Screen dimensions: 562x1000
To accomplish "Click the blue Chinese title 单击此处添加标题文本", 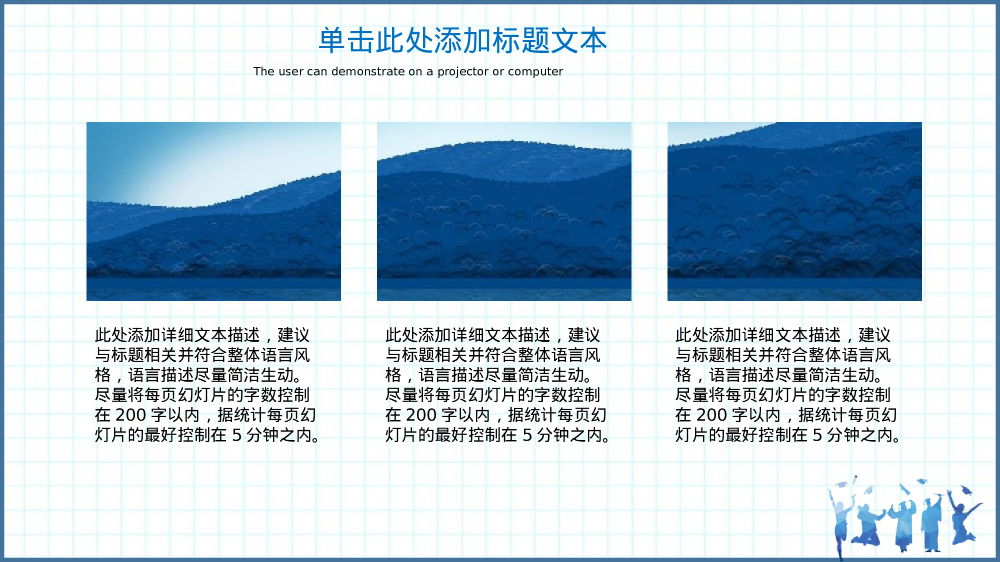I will (462, 40).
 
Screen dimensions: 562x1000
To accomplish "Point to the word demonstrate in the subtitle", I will (367, 72).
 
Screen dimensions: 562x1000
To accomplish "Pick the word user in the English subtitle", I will (291, 72).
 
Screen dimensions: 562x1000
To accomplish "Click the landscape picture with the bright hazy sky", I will (213, 211).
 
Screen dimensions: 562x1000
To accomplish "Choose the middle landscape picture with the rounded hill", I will (504, 211).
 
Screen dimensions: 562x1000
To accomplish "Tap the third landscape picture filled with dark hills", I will (794, 211).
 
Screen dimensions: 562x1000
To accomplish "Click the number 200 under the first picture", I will (130, 415).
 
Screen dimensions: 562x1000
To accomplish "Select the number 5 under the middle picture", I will (527, 436).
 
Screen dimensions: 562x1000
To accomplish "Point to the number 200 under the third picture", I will (711, 415).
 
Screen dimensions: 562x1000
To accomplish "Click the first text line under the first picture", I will (202, 335).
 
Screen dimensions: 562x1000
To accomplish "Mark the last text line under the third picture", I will (787, 436).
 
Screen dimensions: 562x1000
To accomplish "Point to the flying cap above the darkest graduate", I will (966, 490).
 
